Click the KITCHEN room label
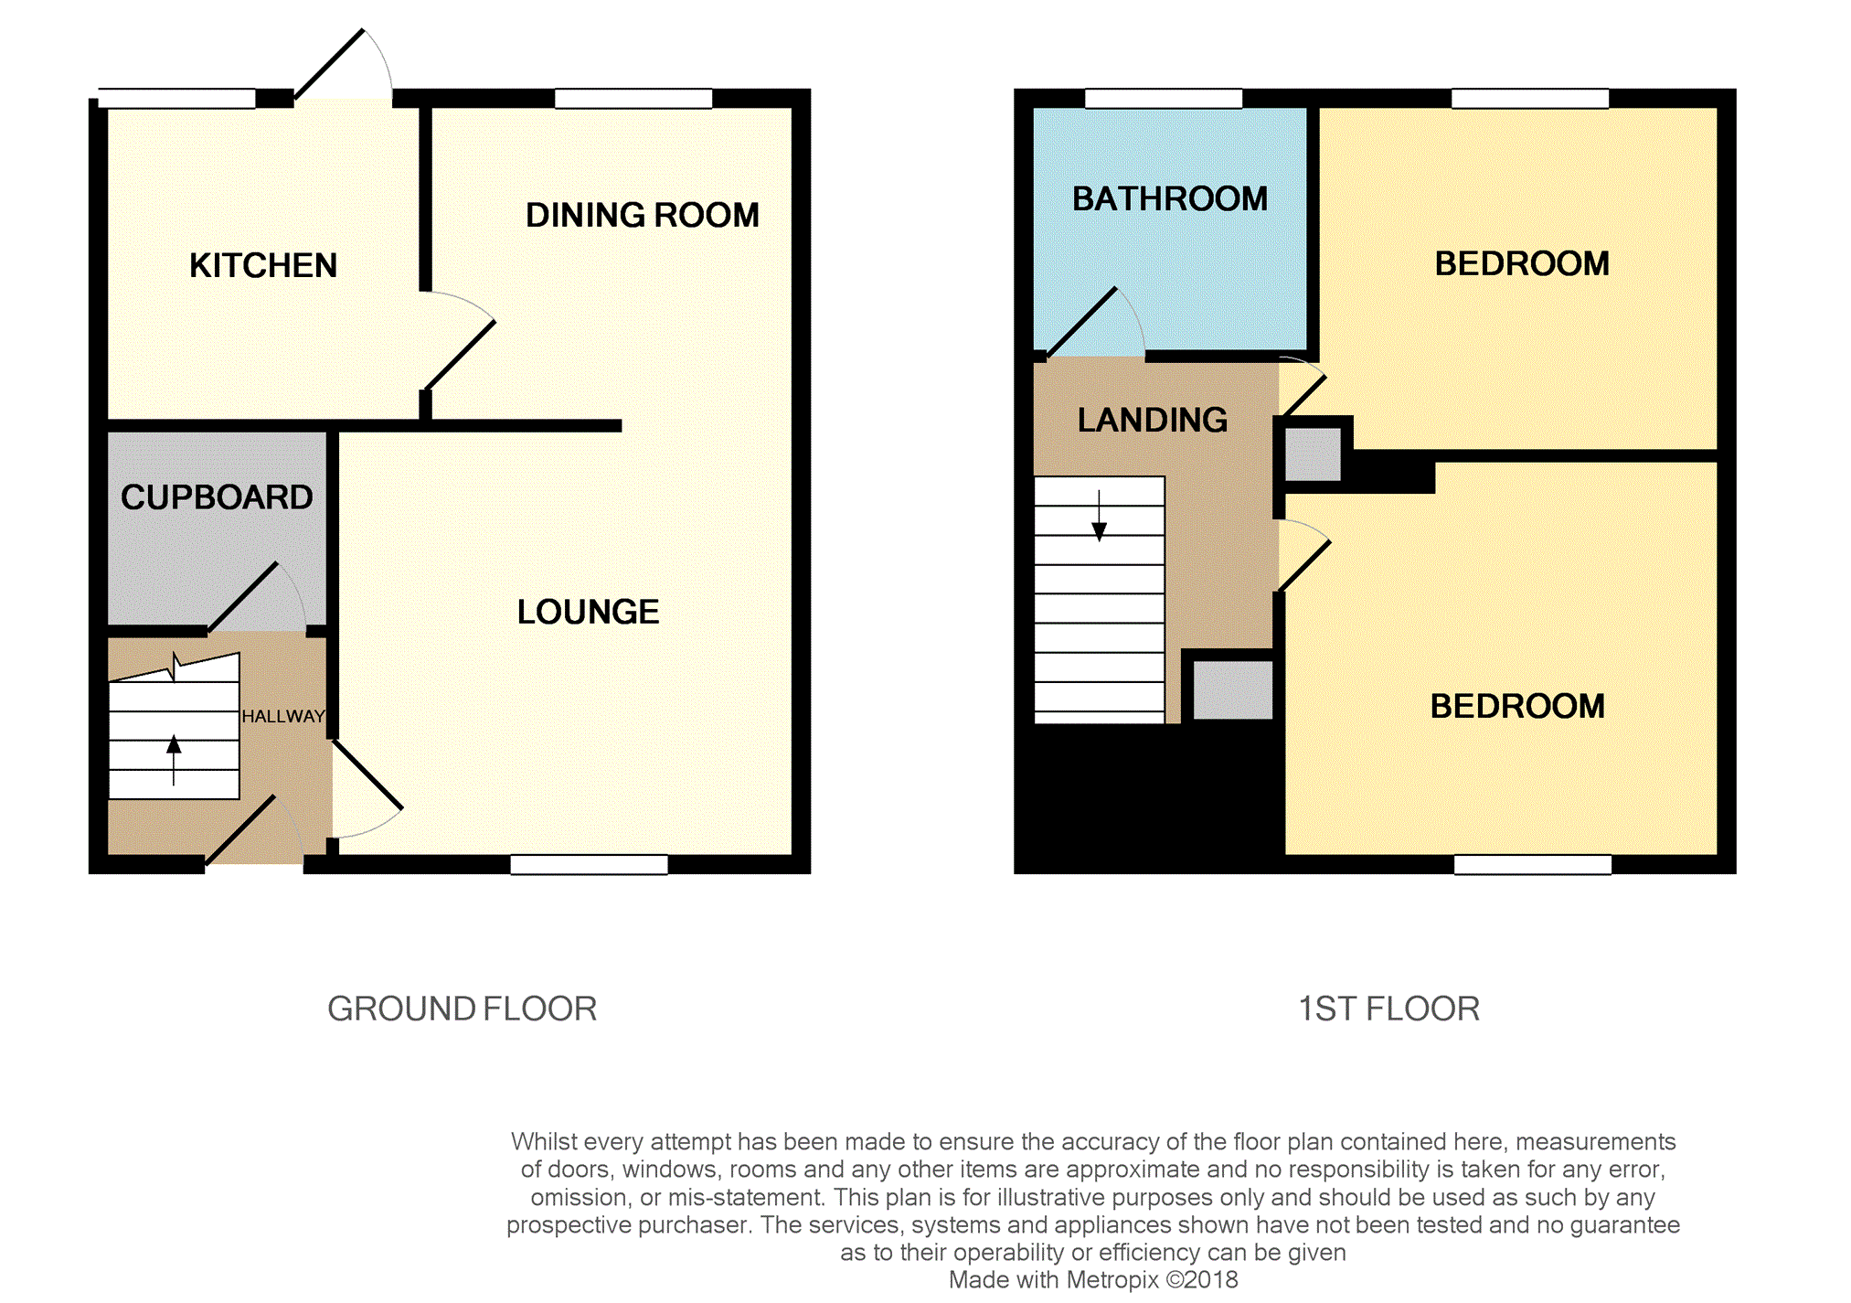(x=263, y=265)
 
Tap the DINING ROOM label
(x=642, y=215)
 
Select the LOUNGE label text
(x=588, y=612)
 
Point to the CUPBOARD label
(x=217, y=497)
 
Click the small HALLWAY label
(x=283, y=716)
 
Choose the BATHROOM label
(x=1170, y=198)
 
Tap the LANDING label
(x=1152, y=420)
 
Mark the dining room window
(x=633, y=99)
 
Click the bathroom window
(x=1164, y=99)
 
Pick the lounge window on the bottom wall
(x=590, y=864)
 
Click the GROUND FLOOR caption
(x=463, y=1009)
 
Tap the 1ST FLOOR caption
(x=1388, y=1009)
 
